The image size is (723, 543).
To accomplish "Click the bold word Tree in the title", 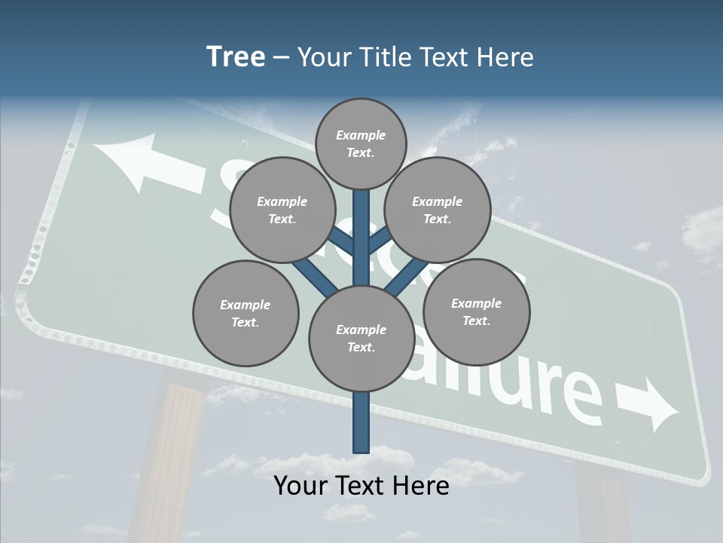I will [236, 57].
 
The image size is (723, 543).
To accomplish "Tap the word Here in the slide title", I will [506, 57].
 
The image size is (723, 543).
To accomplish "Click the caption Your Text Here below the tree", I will [361, 486].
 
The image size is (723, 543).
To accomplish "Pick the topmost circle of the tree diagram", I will [361, 143].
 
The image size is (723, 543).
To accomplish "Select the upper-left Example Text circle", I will [282, 210].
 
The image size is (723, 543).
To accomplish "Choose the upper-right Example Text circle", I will [438, 210].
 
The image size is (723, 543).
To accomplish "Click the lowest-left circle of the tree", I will [246, 313].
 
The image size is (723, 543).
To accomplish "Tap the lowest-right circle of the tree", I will [476, 311].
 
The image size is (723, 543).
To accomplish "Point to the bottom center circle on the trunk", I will [361, 338].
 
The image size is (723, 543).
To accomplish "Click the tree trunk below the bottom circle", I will [361, 422].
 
